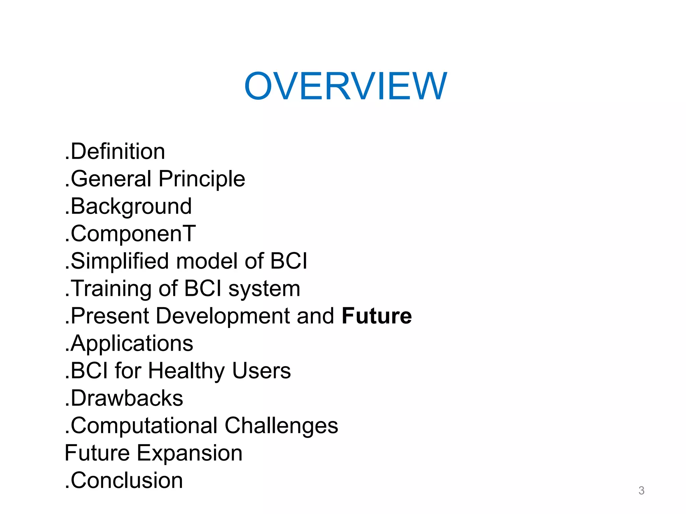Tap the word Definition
click(x=118, y=151)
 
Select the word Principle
click(x=202, y=179)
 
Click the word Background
click(x=131, y=206)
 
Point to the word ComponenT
click(x=133, y=234)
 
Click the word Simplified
click(x=120, y=261)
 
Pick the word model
click(x=207, y=261)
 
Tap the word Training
click(x=111, y=289)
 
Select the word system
click(x=264, y=289)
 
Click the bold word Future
click(x=377, y=316)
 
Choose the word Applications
click(x=132, y=344)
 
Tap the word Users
click(x=262, y=371)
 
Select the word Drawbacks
click(x=127, y=398)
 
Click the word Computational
click(x=144, y=426)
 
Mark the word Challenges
click(x=281, y=426)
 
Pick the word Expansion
click(x=190, y=453)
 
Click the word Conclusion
click(x=127, y=481)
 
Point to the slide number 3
click(x=641, y=491)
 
